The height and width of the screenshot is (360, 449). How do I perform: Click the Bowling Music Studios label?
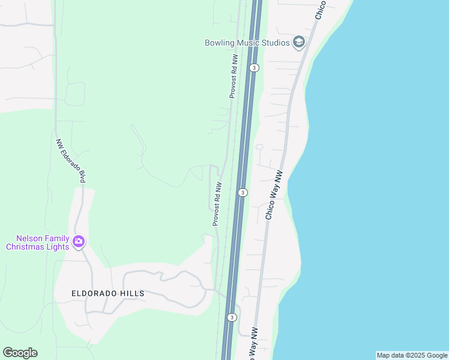pyautogui.click(x=247, y=43)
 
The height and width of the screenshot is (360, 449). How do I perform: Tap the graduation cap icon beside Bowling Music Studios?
pyautogui.click(x=298, y=42)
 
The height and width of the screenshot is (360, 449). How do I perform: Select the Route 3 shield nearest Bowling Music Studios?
pyautogui.click(x=255, y=68)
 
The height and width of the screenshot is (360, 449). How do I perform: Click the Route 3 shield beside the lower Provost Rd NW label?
pyautogui.click(x=243, y=193)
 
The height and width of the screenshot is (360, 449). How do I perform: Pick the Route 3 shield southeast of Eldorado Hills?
pyautogui.click(x=232, y=317)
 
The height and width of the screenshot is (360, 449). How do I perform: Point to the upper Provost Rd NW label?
pyautogui.click(x=234, y=76)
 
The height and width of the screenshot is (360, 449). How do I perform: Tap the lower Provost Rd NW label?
pyautogui.click(x=217, y=204)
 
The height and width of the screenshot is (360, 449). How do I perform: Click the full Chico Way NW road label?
pyautogui.click(x=274, y=195)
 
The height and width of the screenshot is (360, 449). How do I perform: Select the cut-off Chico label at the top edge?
pyautogui.click(x=319, y=10)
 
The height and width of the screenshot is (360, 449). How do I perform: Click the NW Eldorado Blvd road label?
pyautogui.click(x=71, y=161)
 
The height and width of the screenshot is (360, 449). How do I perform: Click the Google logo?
pyautogui.click(x=20, y=353)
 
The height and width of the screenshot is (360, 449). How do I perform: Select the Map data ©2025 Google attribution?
pyautogui.click(x=412, y=355)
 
